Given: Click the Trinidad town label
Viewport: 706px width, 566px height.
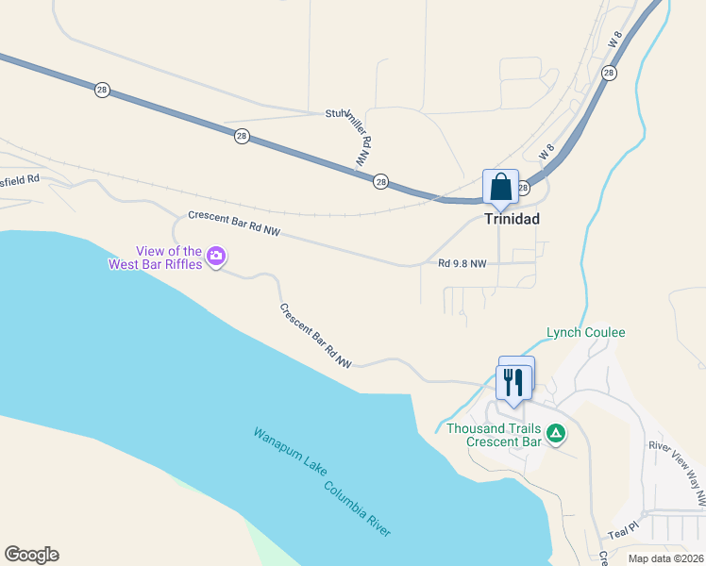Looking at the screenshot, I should click(512, 219).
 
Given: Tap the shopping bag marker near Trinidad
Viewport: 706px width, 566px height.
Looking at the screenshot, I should click(499, 186).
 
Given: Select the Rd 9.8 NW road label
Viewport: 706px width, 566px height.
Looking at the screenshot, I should click(462, 263).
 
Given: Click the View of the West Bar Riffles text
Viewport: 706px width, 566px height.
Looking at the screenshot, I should click(169, 258).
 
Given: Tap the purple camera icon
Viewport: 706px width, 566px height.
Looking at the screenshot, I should click(216, 257).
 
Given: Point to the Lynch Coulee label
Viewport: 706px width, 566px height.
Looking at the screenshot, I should click(586, 333).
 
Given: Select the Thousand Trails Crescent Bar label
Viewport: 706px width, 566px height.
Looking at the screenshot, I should click(494, 434).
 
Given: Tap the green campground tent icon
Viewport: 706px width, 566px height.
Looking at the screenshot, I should click(557, 434).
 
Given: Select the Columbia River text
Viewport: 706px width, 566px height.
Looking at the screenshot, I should click(357, 509).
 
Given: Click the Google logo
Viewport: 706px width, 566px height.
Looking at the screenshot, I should click(31, 555).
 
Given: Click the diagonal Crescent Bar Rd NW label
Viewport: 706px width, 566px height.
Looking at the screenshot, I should click(315, 336).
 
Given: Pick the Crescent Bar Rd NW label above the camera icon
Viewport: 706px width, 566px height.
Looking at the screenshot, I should click(234, 223).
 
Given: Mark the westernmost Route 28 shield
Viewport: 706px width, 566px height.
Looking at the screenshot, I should click(102, 90).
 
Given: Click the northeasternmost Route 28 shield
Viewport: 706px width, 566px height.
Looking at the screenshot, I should click(609, 73).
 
